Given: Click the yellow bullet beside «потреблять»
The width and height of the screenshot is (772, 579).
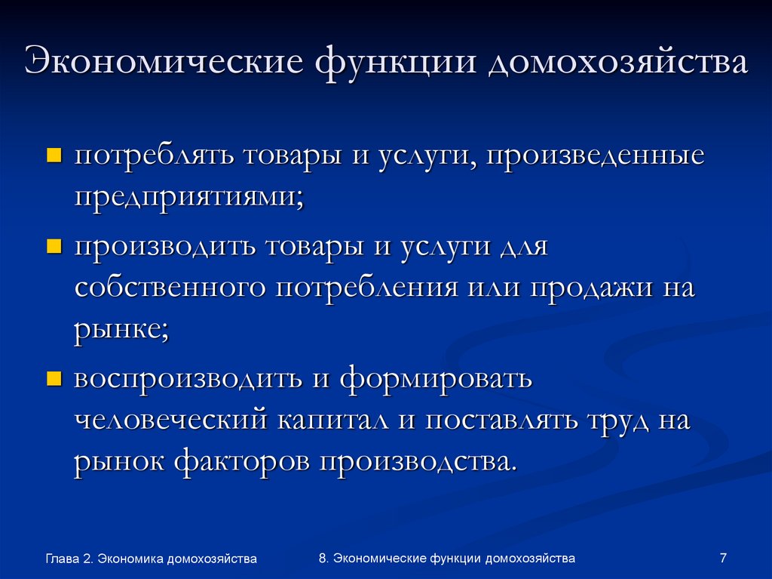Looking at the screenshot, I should [54, 157].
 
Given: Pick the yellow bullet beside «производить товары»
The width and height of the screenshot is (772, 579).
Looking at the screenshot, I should [54, 247].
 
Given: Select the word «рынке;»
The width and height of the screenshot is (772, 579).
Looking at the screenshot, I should [121, 331].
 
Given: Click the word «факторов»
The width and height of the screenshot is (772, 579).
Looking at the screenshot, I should [240, 461].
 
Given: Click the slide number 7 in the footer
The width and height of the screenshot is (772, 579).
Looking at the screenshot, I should [723, 558].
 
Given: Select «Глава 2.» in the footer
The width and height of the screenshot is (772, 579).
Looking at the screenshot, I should [69, 559].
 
